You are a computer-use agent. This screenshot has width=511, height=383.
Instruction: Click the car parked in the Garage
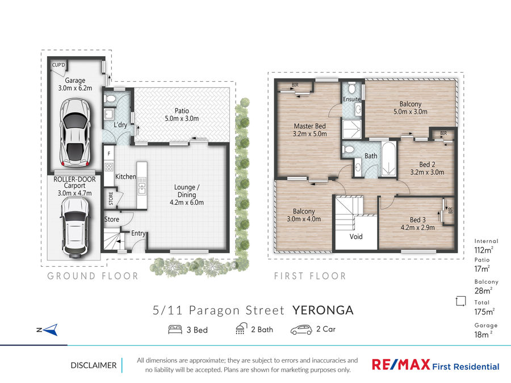coord(75,133)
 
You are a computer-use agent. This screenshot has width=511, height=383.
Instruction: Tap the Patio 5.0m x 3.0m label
coord(182,115)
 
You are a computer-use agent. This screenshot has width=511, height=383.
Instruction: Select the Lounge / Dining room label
coord(187,195)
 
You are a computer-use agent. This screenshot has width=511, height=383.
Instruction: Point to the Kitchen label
coord(125,176)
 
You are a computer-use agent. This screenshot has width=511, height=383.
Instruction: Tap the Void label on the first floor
coord(356,237)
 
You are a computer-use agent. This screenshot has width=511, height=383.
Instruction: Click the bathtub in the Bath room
coord(388,159)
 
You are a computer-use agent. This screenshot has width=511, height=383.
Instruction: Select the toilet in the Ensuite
coord(351,89)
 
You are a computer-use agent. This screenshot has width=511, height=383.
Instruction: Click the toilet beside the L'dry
coord(111,99)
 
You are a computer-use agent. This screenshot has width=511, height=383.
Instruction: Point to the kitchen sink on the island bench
coord(142,186)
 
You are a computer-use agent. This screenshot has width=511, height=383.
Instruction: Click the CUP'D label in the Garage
coord(58,65)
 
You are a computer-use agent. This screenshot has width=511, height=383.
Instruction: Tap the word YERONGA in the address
coord(322,310)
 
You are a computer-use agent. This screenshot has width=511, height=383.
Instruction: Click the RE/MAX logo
coord(435,365)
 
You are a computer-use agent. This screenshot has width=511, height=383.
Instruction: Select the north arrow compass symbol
coord(48,330)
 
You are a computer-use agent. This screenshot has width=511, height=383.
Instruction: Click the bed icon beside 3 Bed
coord(175,330)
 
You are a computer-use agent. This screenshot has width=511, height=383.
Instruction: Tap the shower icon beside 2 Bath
coord(241,329)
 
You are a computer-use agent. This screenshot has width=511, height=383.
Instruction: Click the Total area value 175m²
coord(484,312)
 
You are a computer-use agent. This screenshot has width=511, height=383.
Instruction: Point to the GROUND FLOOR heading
coord(93,276)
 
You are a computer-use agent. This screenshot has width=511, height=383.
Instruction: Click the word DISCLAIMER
coord(94,365)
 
